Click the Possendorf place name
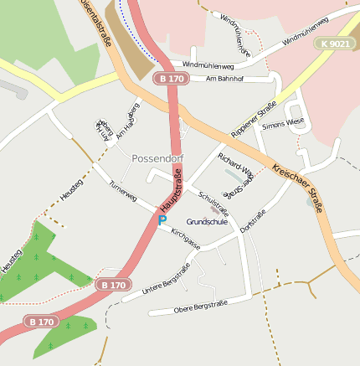tap(157, 158)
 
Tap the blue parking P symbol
tap(162, 220)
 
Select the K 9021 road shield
tap(335, 43)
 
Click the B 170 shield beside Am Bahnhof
tap(170, 79)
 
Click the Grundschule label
tap(207, 222)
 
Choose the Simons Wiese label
tap(283, 124)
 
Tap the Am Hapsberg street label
tap(127, 121)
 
